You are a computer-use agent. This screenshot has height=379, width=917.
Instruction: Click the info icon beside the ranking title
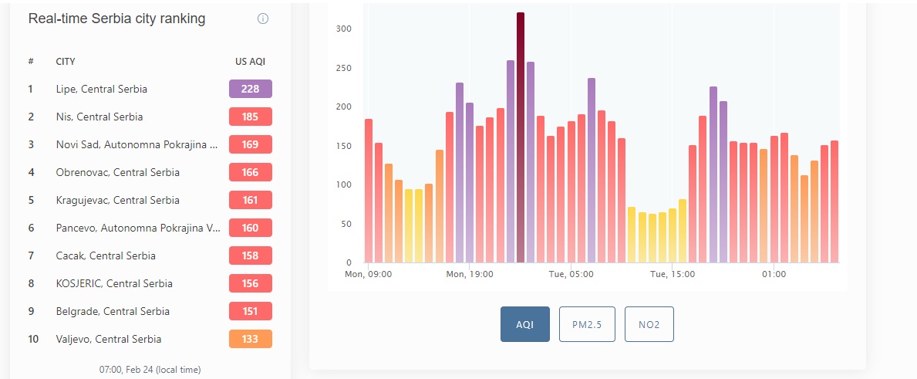pyautogui.click(x=263, y=19)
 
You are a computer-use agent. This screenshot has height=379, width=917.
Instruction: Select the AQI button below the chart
pyautogui.click(x=524, y=324)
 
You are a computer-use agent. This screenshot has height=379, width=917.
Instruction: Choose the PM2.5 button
pyautogui.click(x=587, y=324)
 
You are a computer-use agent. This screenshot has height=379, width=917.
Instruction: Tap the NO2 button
pyautogui.click(x=649, y=324)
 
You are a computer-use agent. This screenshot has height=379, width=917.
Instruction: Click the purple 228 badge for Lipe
pyautogui.click(x=251, y=89)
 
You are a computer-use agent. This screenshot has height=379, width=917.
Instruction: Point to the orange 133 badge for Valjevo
pyautogui.click(x=251, y=339)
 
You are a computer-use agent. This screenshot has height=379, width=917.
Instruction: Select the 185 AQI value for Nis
pyautogui.click(x=251, y=117)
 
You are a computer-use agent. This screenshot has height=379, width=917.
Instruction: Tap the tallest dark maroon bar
pyautogui.click(x=521, y=137)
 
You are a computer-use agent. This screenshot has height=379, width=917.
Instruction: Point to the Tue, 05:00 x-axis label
pyautogui.click(x=571, y=274)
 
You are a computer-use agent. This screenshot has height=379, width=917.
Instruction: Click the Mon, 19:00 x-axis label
pyautogui.click(x=469, y=274)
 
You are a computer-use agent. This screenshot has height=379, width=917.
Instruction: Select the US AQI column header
pyautogui.click(x=251, y=62)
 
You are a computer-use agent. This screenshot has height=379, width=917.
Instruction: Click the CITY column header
pyautogui.click(x=66, y=62)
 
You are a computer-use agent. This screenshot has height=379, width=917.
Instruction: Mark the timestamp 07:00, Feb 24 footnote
pyautogui.click(x=150, y=370)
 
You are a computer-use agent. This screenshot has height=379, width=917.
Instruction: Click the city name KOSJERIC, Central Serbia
pyautogui.click(x=114, y=283)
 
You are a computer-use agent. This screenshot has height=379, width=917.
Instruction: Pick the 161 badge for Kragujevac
pyautogui.click(x=251, y=200)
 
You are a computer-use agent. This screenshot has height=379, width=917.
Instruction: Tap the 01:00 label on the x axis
pyautogui.click(x=774, y=274)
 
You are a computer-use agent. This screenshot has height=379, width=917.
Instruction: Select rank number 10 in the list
pyautogui.click(x=32, y=339)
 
